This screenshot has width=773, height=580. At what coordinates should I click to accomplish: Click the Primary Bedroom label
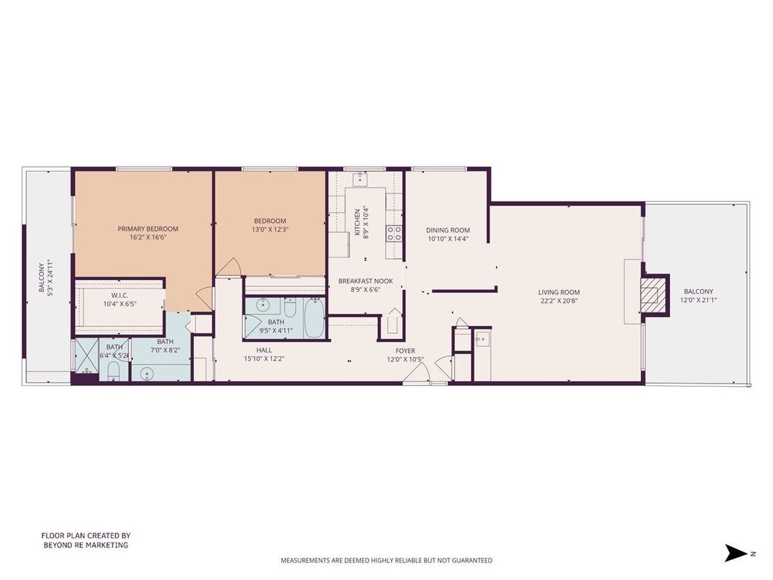[148, 229]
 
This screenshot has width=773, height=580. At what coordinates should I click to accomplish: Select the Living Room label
[559, 292]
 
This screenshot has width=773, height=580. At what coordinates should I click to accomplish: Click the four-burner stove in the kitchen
[394, 232]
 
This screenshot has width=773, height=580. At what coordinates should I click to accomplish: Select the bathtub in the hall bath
[314, 317]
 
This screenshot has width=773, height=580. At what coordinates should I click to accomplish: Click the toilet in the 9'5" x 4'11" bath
[290, 309]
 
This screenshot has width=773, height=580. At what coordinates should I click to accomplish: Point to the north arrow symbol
[736, 553]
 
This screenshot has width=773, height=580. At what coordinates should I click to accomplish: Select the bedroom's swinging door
[229, 267]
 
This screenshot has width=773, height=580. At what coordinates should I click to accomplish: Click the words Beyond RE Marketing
[85, 545]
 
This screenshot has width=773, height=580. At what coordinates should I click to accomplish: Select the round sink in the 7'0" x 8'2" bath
[149, 373]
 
